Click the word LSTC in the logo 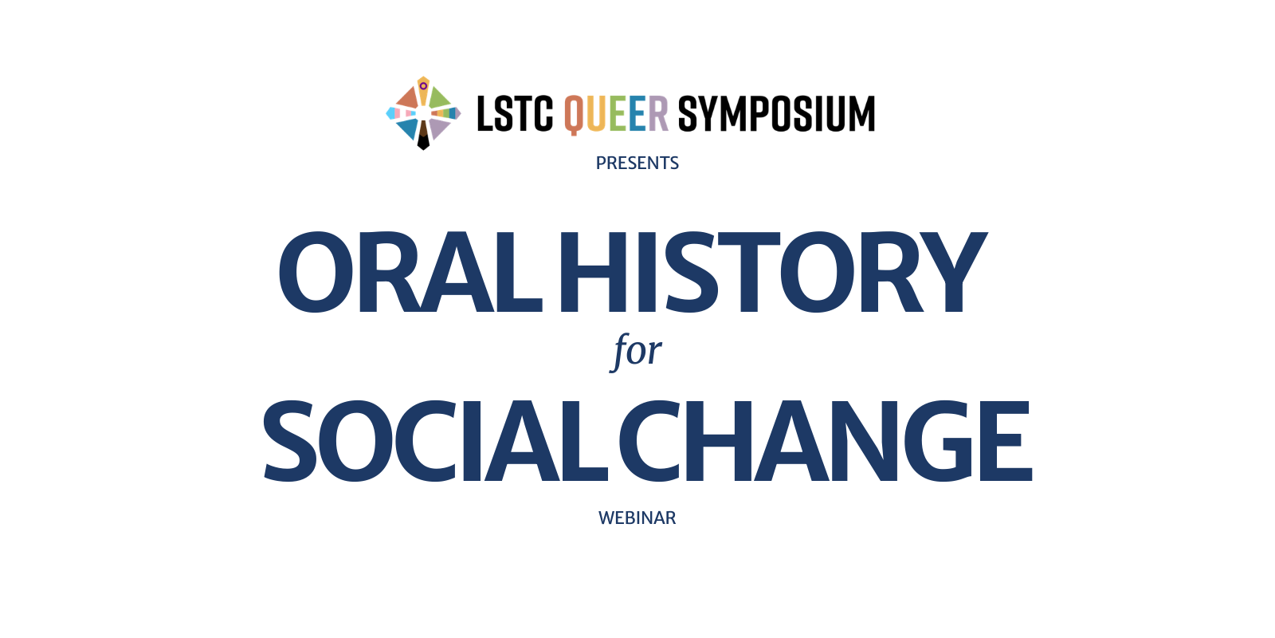point(514,114)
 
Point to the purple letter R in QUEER point(658,114)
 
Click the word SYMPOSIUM point(776,114)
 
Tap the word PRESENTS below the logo point(637,163)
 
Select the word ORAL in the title point(410,273)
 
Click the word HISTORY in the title point(771,273)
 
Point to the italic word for point(637,351)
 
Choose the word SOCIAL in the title point(434,441)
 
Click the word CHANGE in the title point(825,441)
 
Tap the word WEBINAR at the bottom point(637,518)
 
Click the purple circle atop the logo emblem point(423,85)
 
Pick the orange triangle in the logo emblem point(409,99)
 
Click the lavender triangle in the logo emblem point(437,128)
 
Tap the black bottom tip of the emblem point(423,140)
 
